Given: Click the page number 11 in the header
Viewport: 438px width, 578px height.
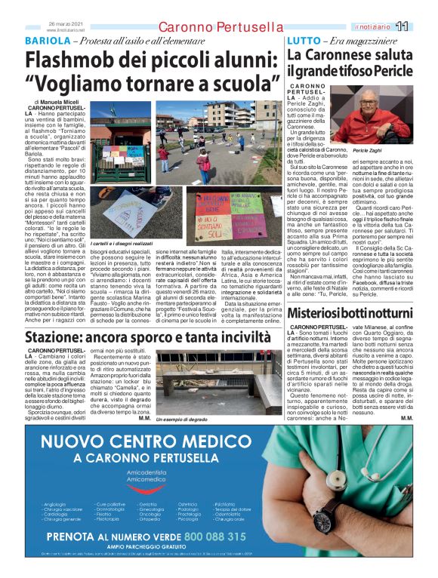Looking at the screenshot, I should coord(423,27).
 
